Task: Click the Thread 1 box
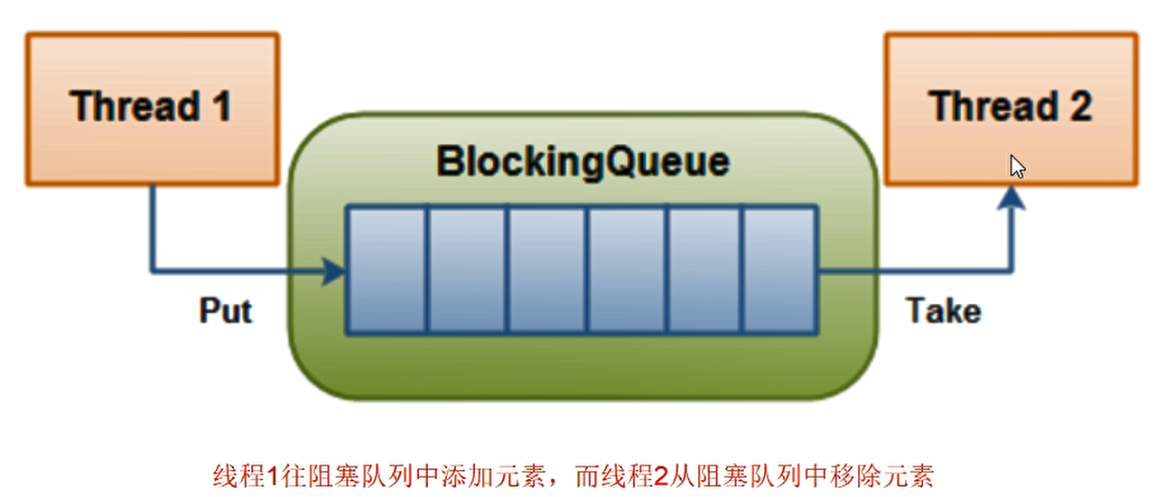[x=152, y=108]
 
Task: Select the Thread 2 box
[x=1010, y=108]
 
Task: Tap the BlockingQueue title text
[x=583, y=162]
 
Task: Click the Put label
[x=226, y=311]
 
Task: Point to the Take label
[x=943, y=311]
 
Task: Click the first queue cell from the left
[x=387, y=270]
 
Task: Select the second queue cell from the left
[x=466, y=270]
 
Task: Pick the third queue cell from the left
[x=545, y=270]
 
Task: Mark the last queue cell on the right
[x=779, y=270]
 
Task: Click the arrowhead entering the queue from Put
[x=336, y=270]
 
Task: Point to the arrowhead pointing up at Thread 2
[x=1013, y=200]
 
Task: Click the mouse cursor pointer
[x=1016, y=166]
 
